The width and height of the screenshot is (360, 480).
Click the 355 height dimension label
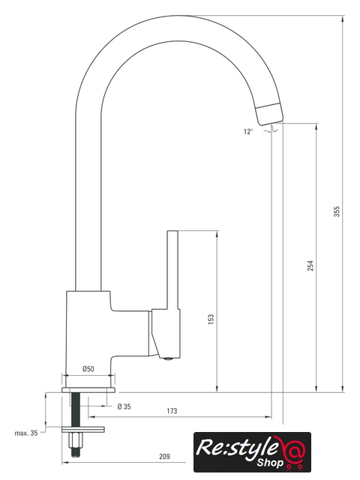click(337, 211)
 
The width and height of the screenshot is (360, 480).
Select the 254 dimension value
click(310, 265)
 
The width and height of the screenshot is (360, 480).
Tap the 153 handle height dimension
click(211, 319)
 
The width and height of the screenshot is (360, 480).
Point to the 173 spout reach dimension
click(172, 411)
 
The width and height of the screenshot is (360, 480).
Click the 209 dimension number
click(164, 457)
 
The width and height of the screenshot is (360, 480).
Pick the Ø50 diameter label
click(88, 369)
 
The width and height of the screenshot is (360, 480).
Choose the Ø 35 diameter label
click(124, 406)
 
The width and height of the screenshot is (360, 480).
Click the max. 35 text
click(26, 433)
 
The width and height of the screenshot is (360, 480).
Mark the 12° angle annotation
click(248, 132)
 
